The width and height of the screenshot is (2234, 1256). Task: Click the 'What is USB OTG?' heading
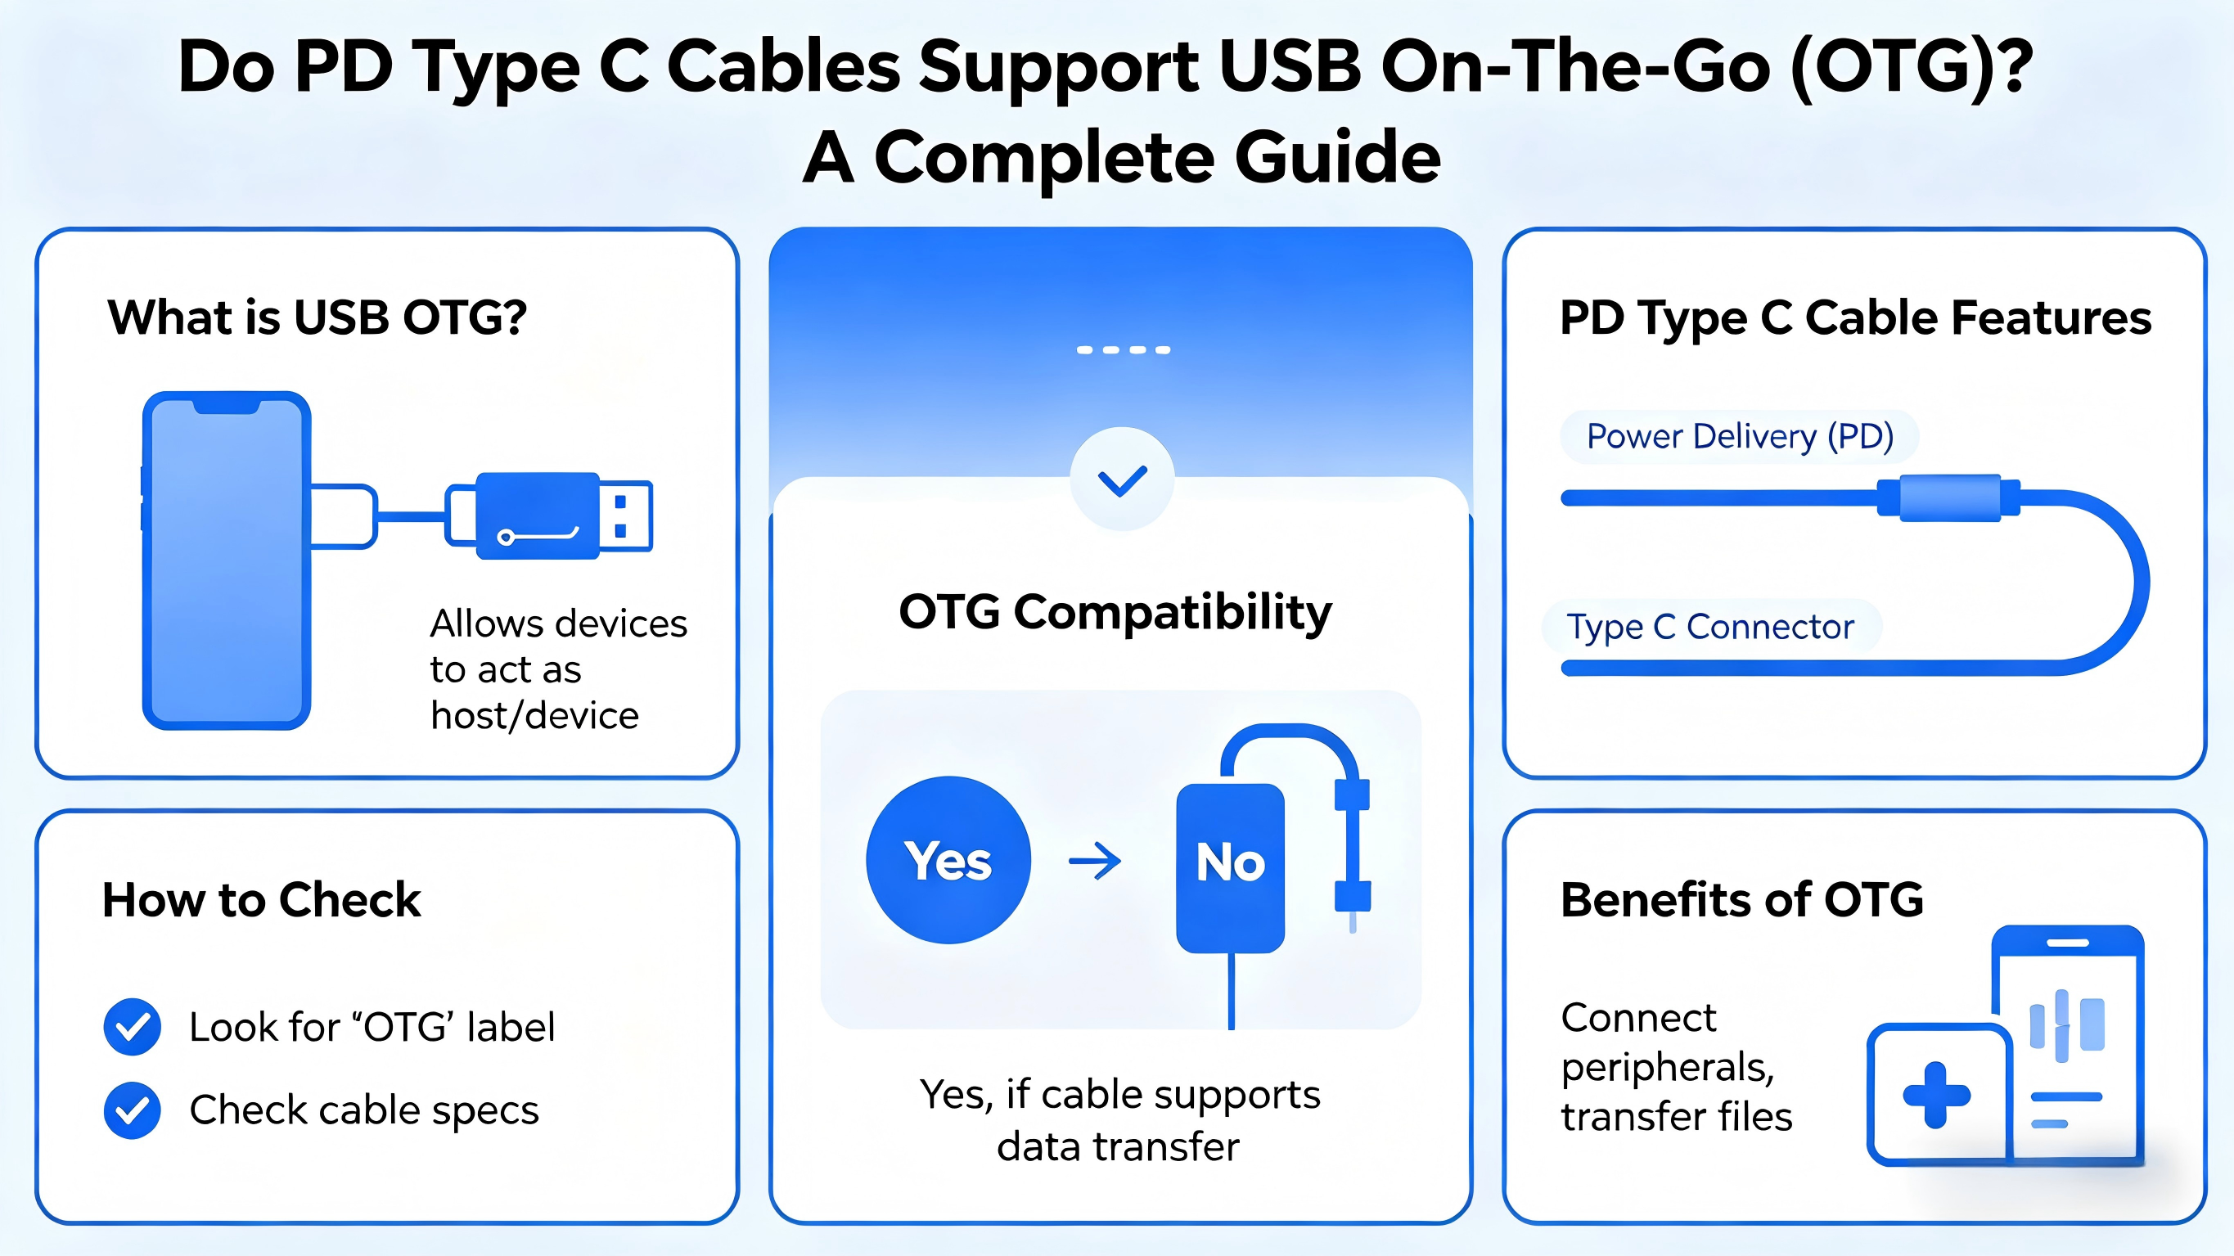(x=317, y=317)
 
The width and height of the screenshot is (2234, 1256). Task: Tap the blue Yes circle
(x=948, y=860)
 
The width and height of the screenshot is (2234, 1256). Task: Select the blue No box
(x=1230, y=868)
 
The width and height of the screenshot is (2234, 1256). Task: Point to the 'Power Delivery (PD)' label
(x=1740, y=436)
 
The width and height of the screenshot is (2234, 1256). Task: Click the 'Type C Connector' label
(x=1710, y=626)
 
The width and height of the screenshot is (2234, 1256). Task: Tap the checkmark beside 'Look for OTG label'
(x=132, y=1027)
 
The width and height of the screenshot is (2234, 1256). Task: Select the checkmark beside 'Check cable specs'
(x=132, y=1110)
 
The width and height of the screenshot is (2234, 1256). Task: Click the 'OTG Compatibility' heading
(x=1115, y=612)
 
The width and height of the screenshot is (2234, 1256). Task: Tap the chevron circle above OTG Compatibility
(x=1122, y=479)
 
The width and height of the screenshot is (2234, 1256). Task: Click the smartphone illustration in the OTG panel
(x=227, y=560)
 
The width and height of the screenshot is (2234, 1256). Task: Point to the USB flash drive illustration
(x=549, y=515)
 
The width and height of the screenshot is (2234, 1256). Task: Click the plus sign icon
(x=1936, y=1096)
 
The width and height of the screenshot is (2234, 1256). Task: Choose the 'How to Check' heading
(x=261, y=899)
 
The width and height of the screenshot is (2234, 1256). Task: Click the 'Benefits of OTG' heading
(x=1741, y=899)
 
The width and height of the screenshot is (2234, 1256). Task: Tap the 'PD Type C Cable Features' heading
(x=1856, y=318)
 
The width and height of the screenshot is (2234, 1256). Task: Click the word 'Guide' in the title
(x=1337, y=157)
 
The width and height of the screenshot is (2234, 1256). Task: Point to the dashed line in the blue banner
(x=1123, y=349)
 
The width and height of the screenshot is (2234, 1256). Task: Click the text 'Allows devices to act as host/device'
(x=558, y=669)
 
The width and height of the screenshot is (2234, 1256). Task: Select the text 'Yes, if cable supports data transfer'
(x=1119, y=1121)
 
